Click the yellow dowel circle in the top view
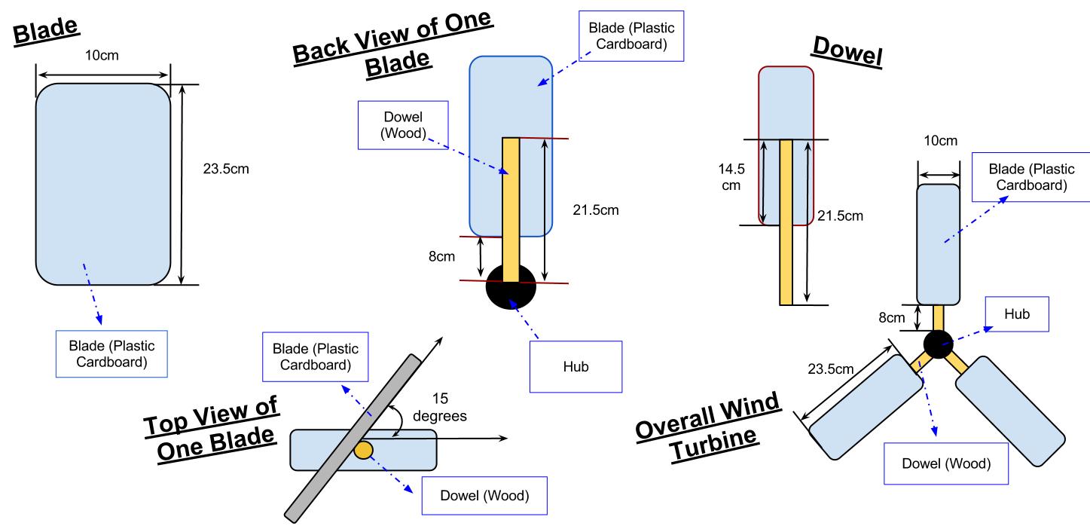click(x=364, y=450)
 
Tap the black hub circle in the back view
click(x=511, y=286)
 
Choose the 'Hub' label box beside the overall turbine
click(x=1016, y=313)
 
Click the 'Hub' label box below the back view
click(x=576, y=367)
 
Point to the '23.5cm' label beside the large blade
click(x=226, y=168)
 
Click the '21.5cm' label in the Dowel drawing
click(x=841, y=217)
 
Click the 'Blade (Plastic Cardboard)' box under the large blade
click(x=111, y=355)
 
